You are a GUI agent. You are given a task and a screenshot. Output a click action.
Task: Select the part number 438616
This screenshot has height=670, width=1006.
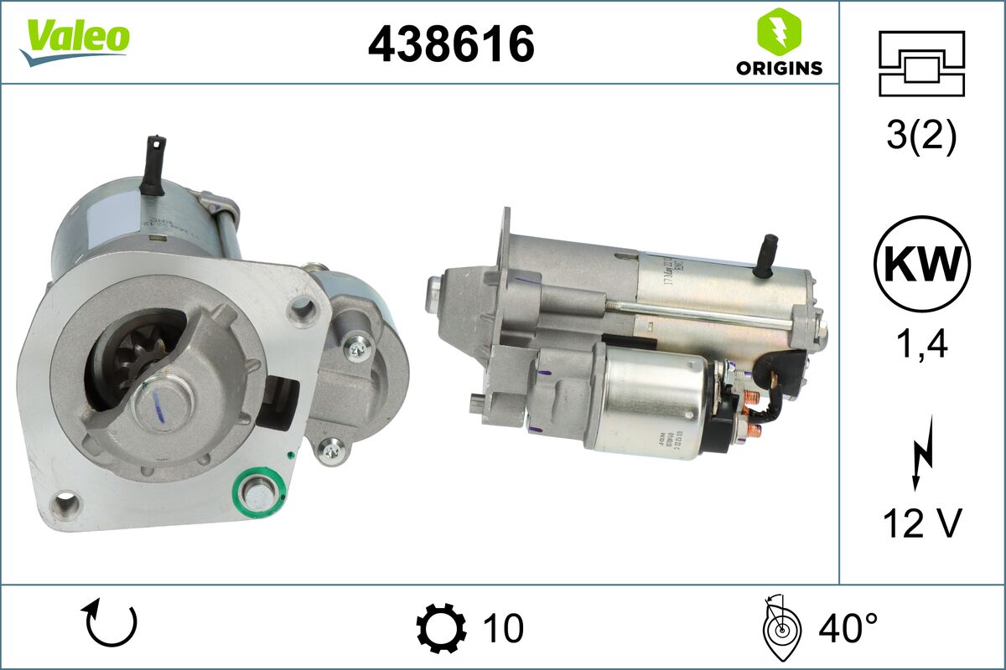[x=451, y=44]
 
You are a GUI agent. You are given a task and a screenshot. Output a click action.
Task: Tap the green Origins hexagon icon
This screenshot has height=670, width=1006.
[x=779, y=32]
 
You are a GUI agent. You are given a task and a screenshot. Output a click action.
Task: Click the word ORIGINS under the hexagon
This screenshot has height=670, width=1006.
[x=779, y=69]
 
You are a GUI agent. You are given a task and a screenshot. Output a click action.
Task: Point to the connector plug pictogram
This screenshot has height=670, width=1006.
[x=922, y=64]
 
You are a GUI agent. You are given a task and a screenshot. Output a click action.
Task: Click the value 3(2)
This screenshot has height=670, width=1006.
[x=922, y=137]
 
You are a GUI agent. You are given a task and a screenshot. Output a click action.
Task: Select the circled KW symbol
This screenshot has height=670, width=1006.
[x=922, y=264]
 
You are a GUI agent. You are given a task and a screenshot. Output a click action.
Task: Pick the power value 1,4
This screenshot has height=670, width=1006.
[x=922, y=343]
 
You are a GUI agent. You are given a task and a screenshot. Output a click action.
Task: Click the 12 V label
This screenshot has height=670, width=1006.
[x=922, y=524]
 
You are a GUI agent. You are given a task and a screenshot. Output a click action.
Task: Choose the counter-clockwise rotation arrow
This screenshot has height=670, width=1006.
[x=109, y=624]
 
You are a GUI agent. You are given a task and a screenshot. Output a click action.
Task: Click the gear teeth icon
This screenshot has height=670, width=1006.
[x=441, y=626]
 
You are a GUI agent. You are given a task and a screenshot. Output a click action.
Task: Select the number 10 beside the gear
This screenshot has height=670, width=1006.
[x=503, y=626]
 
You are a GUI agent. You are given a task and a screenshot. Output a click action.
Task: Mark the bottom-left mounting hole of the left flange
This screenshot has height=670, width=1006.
[x=65, y=504]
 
